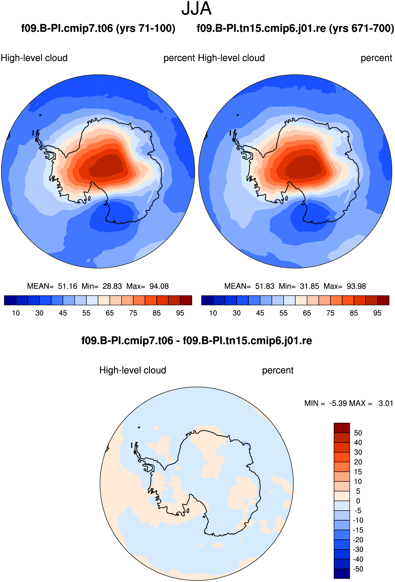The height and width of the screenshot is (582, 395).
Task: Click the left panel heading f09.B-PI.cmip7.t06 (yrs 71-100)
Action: pyautogui.click(x=98, y=28)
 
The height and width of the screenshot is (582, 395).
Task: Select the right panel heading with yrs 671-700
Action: pyautogui.click(x=295, y=28)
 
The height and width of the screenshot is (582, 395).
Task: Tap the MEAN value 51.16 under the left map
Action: pyautogui.click(x=68, y=286)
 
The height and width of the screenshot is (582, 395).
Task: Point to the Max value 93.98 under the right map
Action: pyautogui.click(x=356, y=286)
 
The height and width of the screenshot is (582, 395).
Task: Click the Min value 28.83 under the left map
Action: pyautogui.click(x=112, y=286)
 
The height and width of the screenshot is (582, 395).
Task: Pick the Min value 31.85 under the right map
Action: pyautogui.click(x=310, y=286)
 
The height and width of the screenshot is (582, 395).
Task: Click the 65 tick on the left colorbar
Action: pyautogui.click(x=110, y=313)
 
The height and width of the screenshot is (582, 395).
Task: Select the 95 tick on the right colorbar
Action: pyautogui.click(x=377, y=313)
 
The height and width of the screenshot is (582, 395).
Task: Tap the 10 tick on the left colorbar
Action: pyautogui.click(x=16, y=313)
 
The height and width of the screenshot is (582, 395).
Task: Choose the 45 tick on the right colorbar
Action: pyautogui.click(x=260, y=313)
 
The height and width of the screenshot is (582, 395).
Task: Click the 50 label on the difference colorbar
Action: pyautogui.click(x=358, y=433)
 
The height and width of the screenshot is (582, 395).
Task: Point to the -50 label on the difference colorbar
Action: pyautogui.click(x=358, y=569)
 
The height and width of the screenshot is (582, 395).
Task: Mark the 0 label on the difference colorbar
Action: pyautogui.click(x=358, y=501)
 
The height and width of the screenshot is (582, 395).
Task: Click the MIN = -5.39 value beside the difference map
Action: pyautogui.click(x=326, y=403)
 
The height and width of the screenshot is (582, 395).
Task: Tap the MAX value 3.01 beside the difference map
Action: pyautogui.click(x=386, y=403)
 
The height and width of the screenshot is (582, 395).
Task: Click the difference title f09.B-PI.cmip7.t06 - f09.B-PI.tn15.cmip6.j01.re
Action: pyautogui.click(x=197, y=341)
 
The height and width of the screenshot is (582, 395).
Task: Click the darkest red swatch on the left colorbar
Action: pyautogui.click(x=186, y=300)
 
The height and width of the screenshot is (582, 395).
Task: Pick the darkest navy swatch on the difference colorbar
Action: pyautogui.click(x=342, y=574)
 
